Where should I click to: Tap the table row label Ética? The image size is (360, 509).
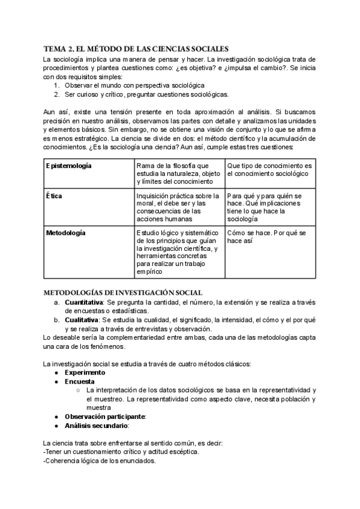tap(55, 196)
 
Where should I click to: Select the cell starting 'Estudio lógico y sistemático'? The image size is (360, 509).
tap(179, 252)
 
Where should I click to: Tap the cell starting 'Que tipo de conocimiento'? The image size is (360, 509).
tap(269, 169)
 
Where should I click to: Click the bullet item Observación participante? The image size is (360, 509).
tap(106, 417)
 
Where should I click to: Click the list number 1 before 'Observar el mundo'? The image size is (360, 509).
tap(56, 86)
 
